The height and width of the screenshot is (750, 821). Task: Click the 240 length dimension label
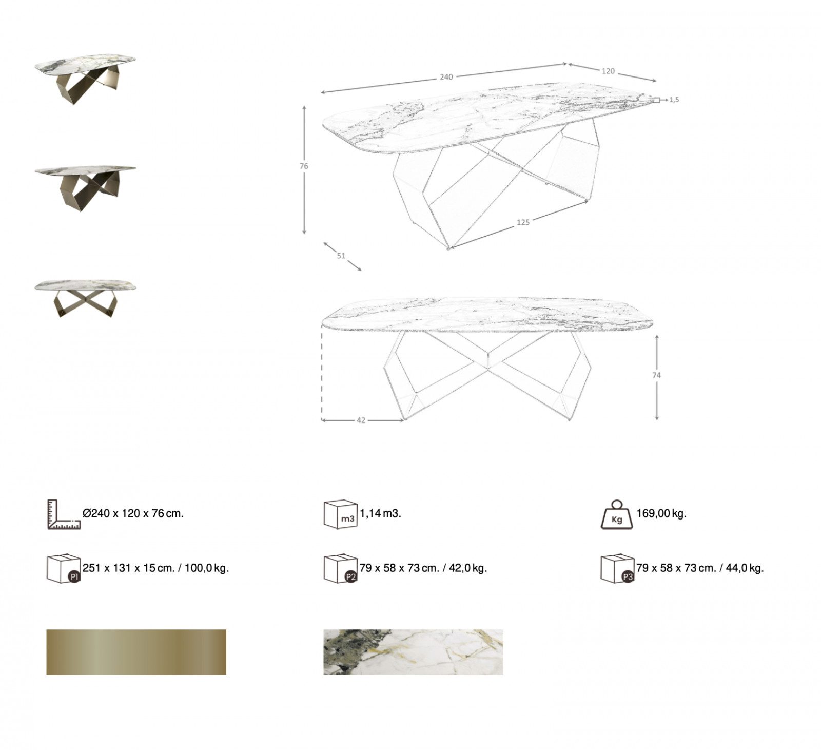pyautogui.click(x=446, y=77)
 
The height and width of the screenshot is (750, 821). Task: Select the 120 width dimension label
pyautogui.click(x=608, y=71)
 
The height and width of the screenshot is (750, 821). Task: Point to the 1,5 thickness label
pyautogui.click(x=674, y=100)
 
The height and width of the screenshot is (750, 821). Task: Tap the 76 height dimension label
pyautogui.click(x=304, y=166)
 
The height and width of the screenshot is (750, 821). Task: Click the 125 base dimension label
pyautogui.click(x=523, y=222)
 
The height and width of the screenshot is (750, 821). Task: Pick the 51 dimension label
pyautogui.click(x=341, y=256)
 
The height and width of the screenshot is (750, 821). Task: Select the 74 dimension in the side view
pyautogui.click(x=657, y=375)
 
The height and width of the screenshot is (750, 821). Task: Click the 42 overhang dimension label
pyautogui.click(x=361, y=420)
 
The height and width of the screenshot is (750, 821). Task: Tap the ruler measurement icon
pyautogui.click(x=64, y=514)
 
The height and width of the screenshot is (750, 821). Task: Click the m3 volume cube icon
pyautogui.click(x=340, y=514)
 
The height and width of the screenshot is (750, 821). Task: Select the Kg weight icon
pyautogui.click(x=617, y=514)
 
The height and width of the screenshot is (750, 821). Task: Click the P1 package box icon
pyautogui.click(x=64, y=569)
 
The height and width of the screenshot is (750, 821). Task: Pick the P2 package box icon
pyautogui.click(x=341, y=569)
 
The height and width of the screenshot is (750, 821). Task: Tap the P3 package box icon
pyautogui.click(x=617, y=569)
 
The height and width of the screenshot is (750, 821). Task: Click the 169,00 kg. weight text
pyautogui.click(x=661, y=513)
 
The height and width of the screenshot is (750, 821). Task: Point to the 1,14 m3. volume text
pyautogui.click(x=380, y=513)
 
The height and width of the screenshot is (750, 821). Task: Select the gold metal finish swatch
pyautogui.click(x=136, y=652)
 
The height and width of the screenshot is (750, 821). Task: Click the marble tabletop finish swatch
pyautogui.click(x=413, y=652)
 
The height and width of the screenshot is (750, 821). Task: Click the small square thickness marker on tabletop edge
pyautogui.click(x=656, y=100)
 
